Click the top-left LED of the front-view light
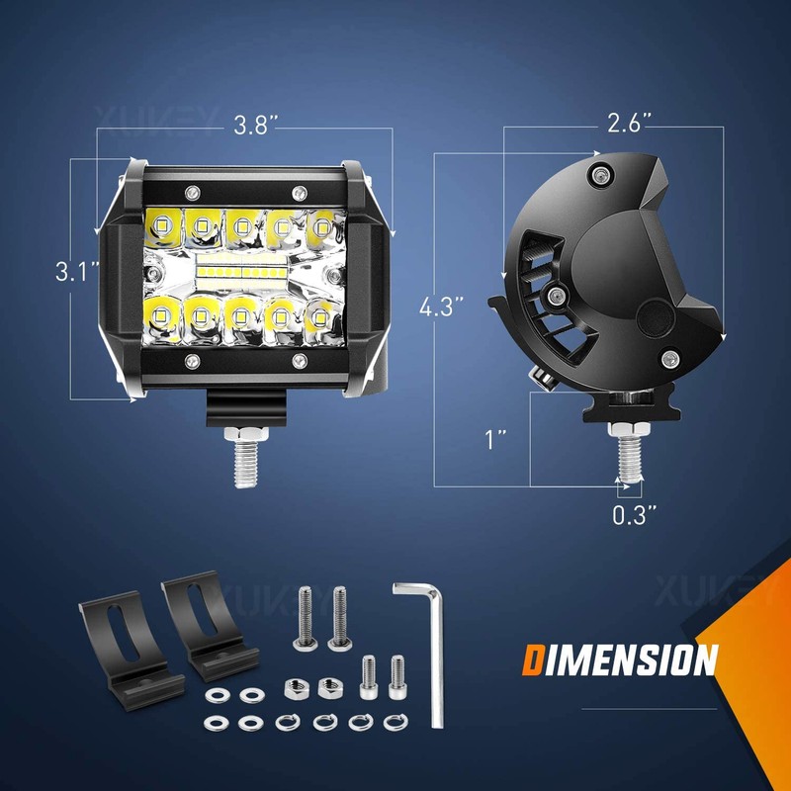162,224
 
